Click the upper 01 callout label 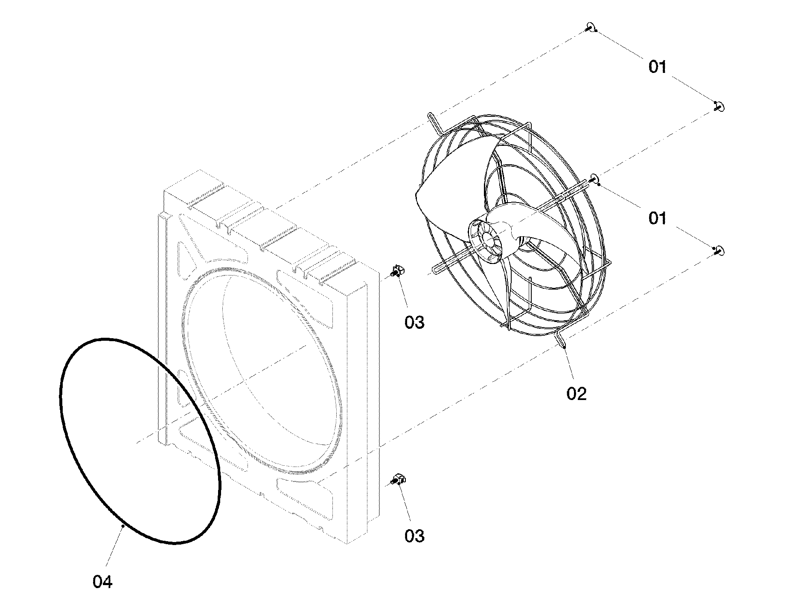point(657,67)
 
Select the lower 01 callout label point(657,218)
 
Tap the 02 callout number point(577,393)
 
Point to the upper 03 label point(414,322)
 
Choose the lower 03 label point(414,536)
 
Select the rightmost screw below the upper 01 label point(719,107)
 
